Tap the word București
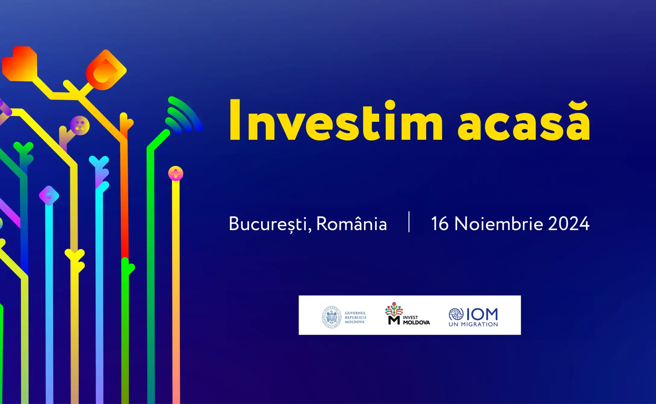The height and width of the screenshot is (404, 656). pos(270,224)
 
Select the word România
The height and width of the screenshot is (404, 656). pos(351,223)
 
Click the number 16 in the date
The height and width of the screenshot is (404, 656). pos(440,223)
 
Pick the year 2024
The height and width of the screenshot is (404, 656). pos(569,223)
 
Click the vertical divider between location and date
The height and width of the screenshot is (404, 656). pos(409,222)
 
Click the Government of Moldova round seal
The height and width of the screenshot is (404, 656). pos(331,317)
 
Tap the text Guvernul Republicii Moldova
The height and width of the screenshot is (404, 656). pos(355,317)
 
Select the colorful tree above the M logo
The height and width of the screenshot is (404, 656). pos(394,309)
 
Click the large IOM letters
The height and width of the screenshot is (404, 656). pos(482,314)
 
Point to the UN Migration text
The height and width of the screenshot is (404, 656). pos(473,324)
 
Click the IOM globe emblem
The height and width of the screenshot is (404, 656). pos(456,314)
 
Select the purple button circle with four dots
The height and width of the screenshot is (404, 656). pos(80,125)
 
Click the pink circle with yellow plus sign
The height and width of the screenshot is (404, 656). pos(175,173)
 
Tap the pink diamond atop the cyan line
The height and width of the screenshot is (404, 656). pos(49,195)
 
